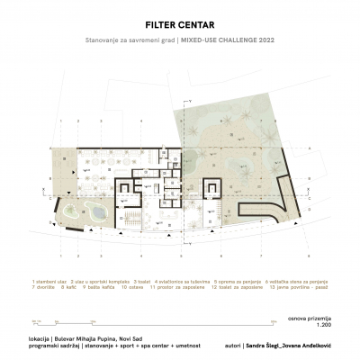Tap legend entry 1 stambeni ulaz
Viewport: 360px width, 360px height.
click(x=47, y=281)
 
